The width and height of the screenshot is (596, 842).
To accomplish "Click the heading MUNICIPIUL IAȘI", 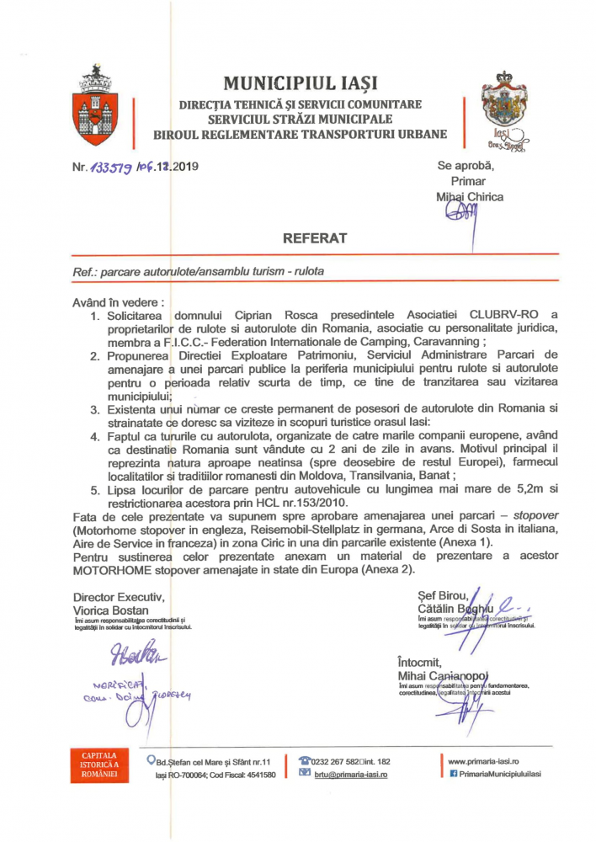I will pos(301,83).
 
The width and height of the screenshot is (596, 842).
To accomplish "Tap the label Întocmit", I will pos(421,662).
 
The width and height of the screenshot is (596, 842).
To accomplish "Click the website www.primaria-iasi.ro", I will pos(483,759).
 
